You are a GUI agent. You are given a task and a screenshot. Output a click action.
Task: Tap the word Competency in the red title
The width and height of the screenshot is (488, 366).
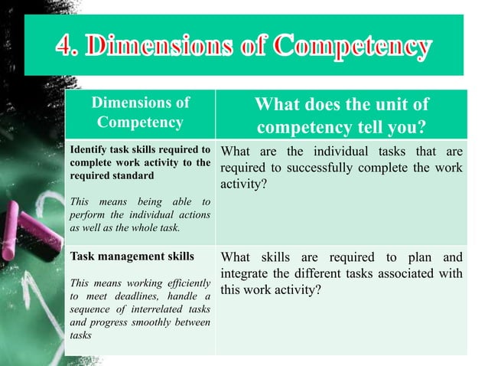coord(357,47)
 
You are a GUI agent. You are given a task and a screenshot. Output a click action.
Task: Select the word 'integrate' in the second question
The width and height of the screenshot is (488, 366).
coord(246,274)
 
